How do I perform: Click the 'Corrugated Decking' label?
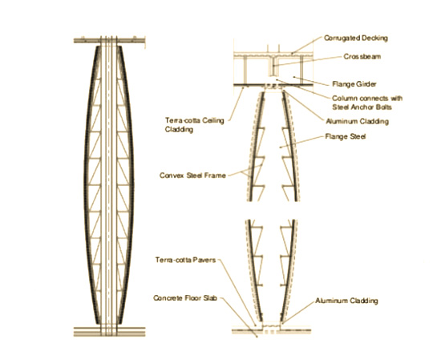pos(356,38)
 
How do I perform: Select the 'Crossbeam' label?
pos(362,57)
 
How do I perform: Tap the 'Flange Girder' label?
pos(354,84)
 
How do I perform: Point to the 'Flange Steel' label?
pos(346,136)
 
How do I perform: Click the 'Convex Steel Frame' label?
pos(192,176)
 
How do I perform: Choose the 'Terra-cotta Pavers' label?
pos(186,260)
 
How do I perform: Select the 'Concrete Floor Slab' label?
pos(185,298)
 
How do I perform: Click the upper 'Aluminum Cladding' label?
pos(357,122)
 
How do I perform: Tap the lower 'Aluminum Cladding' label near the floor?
pos(346,301)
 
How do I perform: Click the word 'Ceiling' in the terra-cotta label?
pos(214,120)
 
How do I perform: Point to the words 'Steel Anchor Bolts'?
pos(362,107)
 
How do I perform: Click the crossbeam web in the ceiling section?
pos(273,67)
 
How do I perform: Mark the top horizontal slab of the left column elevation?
pos(109,41)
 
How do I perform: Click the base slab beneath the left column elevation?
pos(109,332)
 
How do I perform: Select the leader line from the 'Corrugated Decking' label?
pos(307,45)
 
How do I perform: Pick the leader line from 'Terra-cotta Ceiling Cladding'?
pos(237,104)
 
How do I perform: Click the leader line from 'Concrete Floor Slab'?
pos(238,318)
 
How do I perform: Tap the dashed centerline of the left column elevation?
pos(108,186)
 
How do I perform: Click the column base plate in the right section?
pos(271,326)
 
